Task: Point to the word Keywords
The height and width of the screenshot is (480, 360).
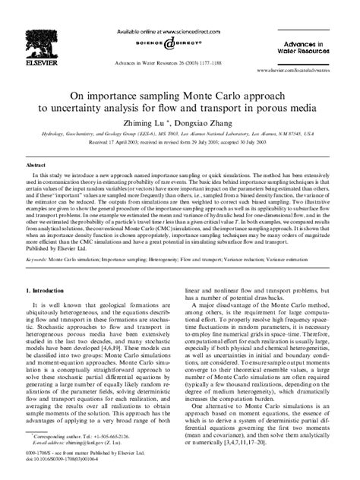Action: coord(39,238)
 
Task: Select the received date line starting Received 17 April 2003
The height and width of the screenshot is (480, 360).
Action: coord(179,141)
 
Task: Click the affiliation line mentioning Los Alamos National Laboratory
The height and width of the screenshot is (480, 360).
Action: coord(179,131)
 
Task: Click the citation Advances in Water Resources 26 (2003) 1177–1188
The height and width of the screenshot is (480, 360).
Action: coord(180,55)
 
